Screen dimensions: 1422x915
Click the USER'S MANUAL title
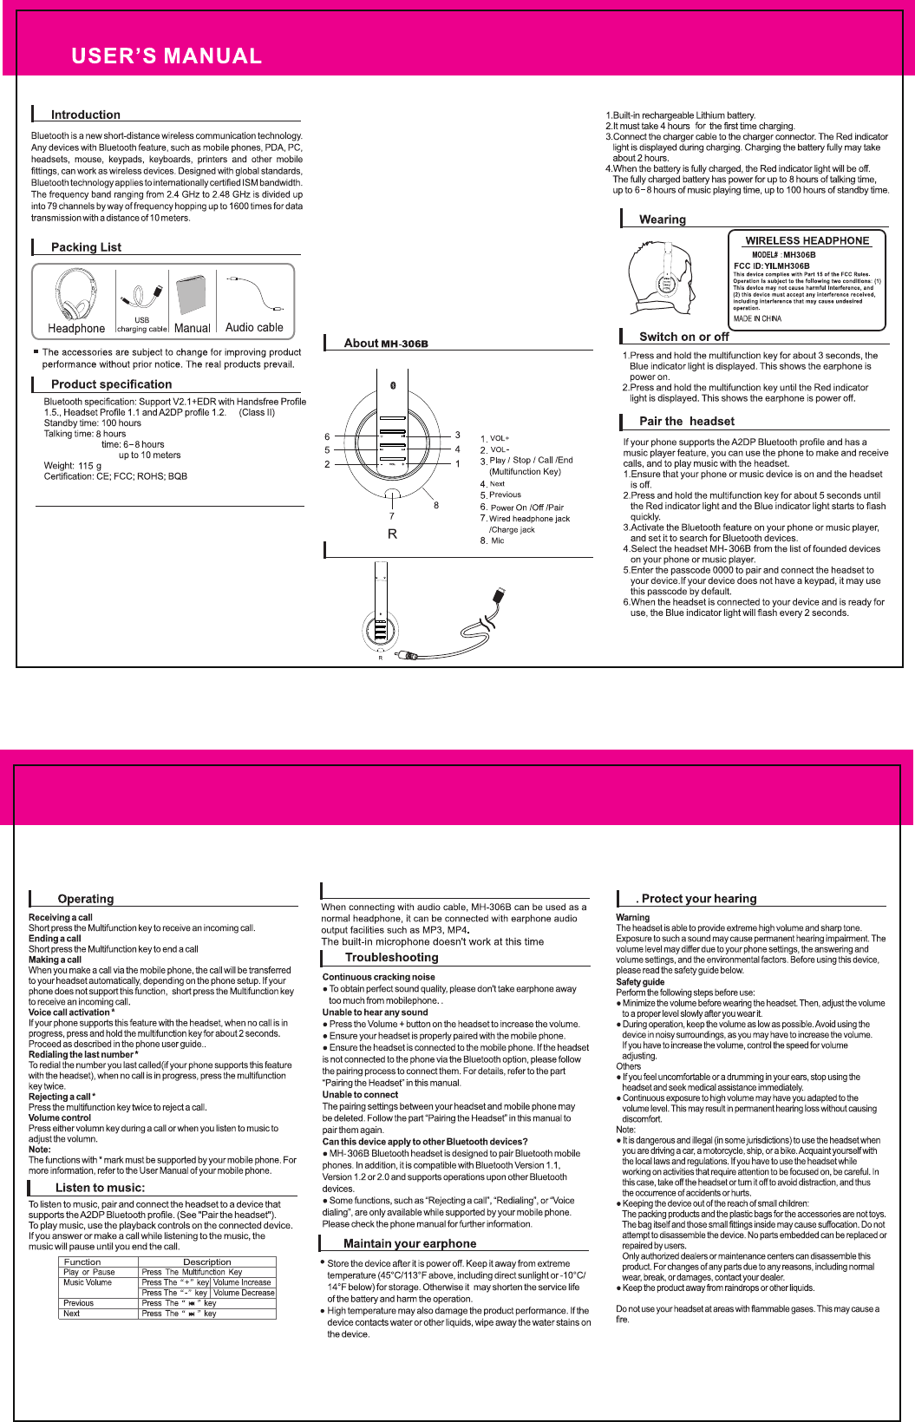(x=167, y=56)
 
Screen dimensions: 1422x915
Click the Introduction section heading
(x=85, y=115)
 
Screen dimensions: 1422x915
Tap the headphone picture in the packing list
(x=75, y=295)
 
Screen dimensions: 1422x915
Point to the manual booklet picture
(x=193, y=296)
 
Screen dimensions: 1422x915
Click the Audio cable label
(x=254, y=327)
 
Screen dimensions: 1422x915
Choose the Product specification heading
(x=111, y=384)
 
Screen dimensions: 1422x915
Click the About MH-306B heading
(x=386, y=344)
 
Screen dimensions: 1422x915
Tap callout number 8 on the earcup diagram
(x=436, y=505)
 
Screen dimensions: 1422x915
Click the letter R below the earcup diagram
(x=392, y=534)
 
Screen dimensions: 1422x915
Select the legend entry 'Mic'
(x=497, y=541)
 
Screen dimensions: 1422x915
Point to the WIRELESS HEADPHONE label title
(x=807, y=240)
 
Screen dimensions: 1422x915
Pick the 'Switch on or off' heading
(x=684, y=337)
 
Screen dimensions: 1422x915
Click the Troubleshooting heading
(x=391, y=957)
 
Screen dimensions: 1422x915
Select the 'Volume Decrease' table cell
(x=244, y=1293)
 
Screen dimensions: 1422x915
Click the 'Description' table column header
(x=206, y=1261)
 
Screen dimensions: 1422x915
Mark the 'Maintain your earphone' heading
(x=409, y=1243)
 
